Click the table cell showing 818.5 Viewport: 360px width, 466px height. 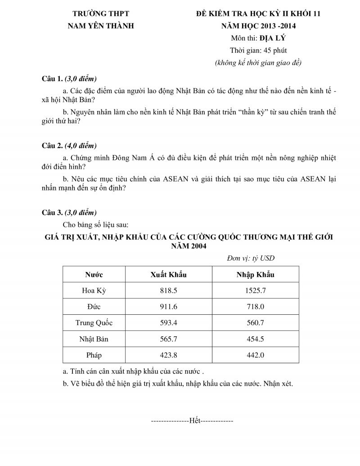coord(169,290)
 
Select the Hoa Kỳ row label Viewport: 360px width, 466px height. coord(94,290)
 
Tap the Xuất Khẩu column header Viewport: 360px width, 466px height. coord(168,274)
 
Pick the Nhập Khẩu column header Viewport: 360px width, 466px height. coord(255,274)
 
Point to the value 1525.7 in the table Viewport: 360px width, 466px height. coord(255,290)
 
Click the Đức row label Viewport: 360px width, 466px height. coord(94,307)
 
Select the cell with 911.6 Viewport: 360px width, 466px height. coord(169,307)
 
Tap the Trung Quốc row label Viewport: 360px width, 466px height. coord(94,323)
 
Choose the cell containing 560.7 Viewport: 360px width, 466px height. coord(255,323)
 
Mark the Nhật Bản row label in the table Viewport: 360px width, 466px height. coord(94,339)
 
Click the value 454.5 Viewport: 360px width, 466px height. coord(255,339)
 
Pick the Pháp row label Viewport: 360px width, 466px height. coord(94,355)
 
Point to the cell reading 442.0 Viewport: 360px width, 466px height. coord(255,355)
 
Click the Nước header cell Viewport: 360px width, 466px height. coord(94,274)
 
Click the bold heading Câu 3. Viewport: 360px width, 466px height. coord(52,212)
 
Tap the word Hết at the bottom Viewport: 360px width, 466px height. coord(195,421)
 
